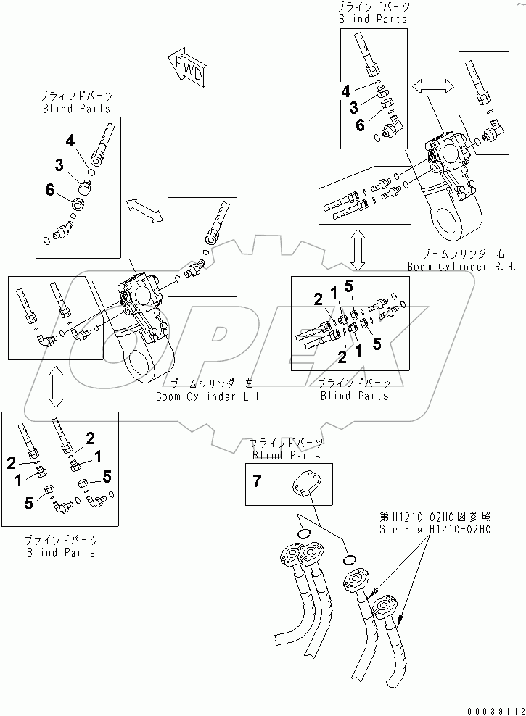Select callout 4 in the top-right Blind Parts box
347,91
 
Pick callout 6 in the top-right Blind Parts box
361,124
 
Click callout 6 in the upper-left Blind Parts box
49,190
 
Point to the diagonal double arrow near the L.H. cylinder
144,209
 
